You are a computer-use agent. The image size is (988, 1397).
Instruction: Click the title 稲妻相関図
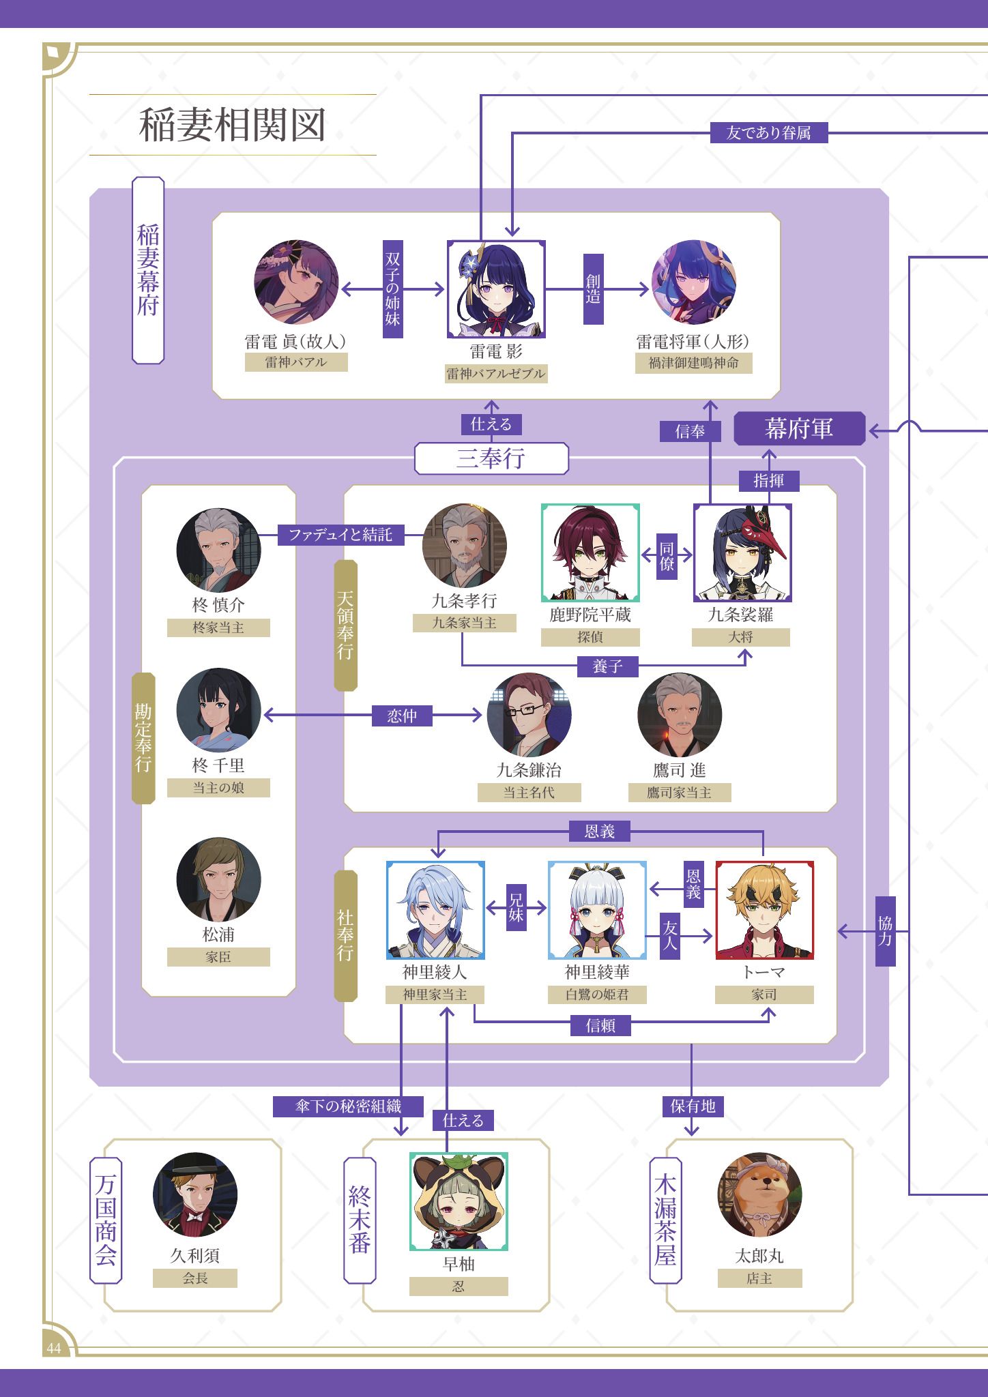point(232,125)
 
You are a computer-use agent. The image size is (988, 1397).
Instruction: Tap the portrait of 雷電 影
point(496,289)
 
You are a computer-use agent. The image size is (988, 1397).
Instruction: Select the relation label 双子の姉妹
point(392,289)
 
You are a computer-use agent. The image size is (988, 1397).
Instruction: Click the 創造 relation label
point(594,289)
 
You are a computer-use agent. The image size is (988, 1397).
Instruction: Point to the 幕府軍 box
point(799,429)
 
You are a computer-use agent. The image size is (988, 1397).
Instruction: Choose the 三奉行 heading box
point(491,458)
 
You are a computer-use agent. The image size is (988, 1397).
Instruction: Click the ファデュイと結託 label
point(340,535)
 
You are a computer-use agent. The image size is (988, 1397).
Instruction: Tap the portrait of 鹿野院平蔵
point(590,553)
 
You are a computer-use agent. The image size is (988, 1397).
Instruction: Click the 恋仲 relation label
point(402,716)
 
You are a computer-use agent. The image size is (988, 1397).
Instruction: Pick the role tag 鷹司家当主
point(680,793)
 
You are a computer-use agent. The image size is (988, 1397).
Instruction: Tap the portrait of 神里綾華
point(597,910)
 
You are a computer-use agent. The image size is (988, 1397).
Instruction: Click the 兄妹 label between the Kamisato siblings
point(516,908)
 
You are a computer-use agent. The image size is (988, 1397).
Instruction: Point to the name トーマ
point(764,972)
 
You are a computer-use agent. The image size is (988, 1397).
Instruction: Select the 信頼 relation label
point(600,1026)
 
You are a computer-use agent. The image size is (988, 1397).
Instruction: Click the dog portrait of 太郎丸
point(759,1194)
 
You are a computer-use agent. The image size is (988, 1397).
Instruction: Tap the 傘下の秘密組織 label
point(348,1106)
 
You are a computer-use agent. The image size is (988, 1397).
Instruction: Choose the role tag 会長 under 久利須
point(195,1278)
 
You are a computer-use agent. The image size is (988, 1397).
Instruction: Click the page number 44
point(53,1349)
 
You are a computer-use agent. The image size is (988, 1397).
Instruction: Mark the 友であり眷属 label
point(768,133)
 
